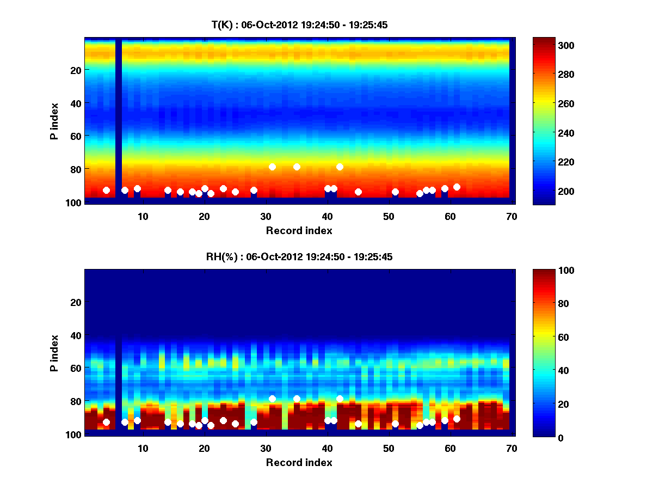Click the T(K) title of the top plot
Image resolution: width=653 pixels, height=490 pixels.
299,25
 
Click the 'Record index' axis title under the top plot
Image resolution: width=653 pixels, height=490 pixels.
299,230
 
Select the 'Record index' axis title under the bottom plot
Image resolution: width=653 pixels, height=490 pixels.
299,462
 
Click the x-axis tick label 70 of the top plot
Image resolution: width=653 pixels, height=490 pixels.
512,216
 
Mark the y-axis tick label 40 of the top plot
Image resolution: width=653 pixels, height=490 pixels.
76,103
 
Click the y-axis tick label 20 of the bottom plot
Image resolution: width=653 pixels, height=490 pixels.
76,302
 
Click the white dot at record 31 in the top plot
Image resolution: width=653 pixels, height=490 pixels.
272,167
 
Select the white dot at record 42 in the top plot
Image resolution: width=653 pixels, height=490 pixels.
340,167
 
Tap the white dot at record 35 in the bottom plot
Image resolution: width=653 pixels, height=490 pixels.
297,399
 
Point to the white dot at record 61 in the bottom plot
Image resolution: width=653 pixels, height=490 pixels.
457,419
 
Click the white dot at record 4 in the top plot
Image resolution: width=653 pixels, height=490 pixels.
106,190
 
